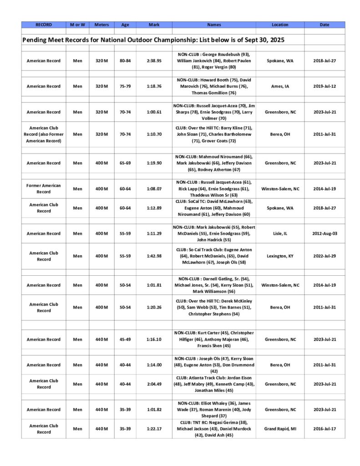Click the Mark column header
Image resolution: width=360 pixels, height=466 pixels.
[154, 25]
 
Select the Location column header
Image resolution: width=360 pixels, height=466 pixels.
[280, 25]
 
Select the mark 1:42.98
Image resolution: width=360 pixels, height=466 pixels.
[154, 256]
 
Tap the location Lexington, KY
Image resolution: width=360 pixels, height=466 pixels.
[280, 256]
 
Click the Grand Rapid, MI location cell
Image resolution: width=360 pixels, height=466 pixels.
[280, 429]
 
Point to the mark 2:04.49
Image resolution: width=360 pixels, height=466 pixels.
[154, 384]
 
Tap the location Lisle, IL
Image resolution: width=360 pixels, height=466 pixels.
[280, 233]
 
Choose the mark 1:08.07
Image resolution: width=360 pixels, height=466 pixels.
[154, 188]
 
